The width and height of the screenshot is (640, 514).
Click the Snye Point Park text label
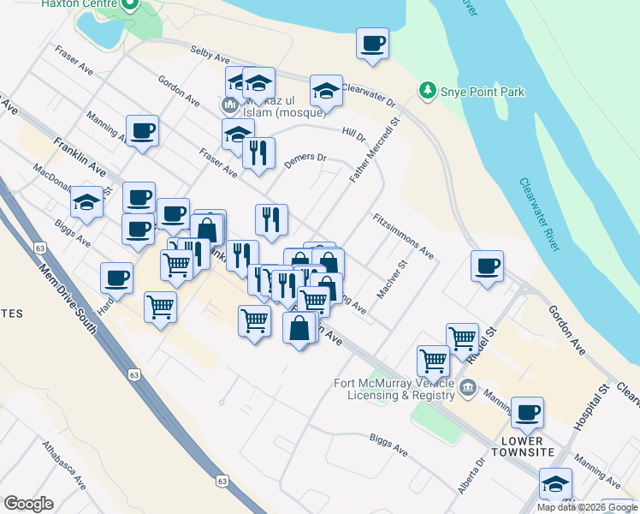pos(483,92)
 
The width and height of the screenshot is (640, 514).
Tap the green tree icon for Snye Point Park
pos(426,90)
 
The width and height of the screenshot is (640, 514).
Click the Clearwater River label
pos(539,214)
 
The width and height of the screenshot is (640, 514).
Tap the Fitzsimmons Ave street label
pos(404,236)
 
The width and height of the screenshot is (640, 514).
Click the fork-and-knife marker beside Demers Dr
pos(258,152)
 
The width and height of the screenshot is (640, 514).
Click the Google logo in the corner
pos(28,504)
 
